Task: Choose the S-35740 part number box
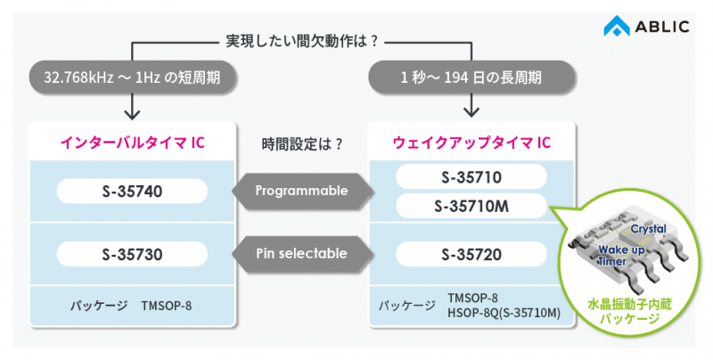(132, 190)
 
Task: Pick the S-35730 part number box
(132, 254)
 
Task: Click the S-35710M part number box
(470, 207)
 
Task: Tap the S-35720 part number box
(470, 254)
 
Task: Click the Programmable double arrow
(301, 190)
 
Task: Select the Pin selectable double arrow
(301, 254)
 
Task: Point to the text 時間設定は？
(302, 143)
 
